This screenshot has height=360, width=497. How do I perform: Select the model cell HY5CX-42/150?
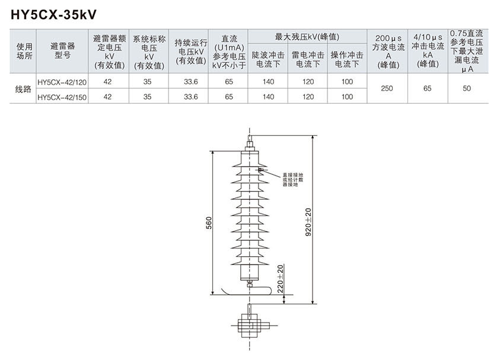(62, 97)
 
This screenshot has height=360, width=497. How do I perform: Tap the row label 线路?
(23, 90)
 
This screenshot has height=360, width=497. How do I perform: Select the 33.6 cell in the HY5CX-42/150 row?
(190, 97)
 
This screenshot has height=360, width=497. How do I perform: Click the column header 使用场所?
(23, 52)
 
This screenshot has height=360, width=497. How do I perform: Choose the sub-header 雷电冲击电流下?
(308, 59)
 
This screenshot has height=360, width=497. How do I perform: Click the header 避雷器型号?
(62, 52)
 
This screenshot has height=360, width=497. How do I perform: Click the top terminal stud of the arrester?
(250, 141)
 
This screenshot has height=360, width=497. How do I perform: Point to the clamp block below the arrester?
(250, 326)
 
